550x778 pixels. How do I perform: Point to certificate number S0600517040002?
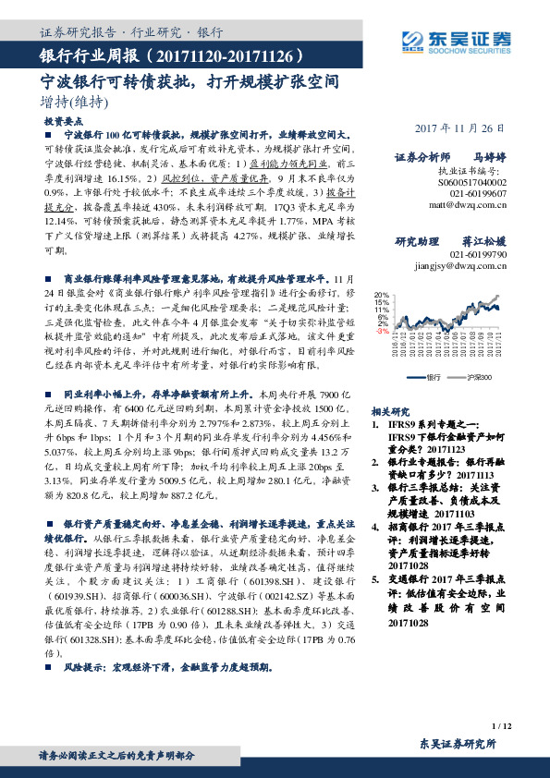pos(464,183)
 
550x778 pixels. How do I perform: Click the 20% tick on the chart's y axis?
pos(382,296)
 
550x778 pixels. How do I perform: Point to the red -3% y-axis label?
pos(383,331)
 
